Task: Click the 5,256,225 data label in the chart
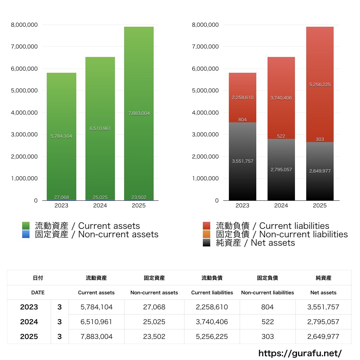[320, 85]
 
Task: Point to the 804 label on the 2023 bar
[242, 120]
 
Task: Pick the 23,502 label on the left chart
[139, 197]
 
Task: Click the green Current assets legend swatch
[26, 226]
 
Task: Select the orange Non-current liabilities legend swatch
[207, 234]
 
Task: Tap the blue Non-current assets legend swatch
[26, 234]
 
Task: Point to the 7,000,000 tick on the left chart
[25, 47]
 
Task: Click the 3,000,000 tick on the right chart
[205, 135]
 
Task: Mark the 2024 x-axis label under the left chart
[100, 206]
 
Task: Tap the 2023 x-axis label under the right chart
[242, 206]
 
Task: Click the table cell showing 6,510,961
[96, 322]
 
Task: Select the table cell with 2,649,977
[323, 336]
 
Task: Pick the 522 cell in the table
[267, 322]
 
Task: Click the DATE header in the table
[38, 292]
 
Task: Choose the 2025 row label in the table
[29, 336]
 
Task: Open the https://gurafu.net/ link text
[300, 353]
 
